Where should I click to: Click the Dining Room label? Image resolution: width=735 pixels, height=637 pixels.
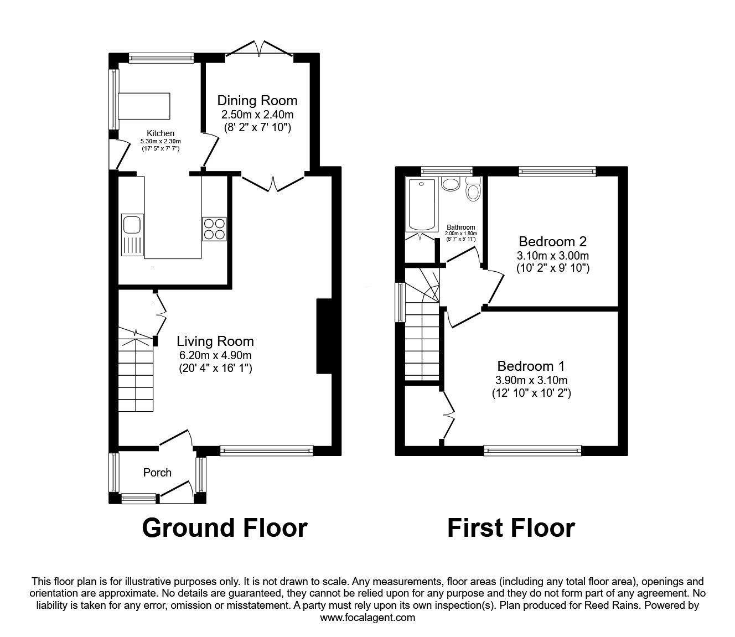257,101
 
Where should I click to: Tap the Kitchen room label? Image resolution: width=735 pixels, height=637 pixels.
161,133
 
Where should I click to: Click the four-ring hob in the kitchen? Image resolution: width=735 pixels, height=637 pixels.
214,228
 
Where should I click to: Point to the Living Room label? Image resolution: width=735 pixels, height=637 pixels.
215,341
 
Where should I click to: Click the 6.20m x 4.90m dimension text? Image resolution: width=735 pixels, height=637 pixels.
215,355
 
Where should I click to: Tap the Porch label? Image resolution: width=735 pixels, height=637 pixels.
157,473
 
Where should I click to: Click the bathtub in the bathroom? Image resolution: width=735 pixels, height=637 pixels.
422,205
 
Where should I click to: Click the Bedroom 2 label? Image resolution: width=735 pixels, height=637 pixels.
552,242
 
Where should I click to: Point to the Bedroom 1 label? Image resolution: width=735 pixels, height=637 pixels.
531,366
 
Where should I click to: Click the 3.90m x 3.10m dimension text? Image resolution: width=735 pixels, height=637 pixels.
531,380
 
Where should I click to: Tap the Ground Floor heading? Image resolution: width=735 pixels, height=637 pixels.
224,527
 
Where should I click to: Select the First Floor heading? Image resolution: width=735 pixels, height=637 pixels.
510,527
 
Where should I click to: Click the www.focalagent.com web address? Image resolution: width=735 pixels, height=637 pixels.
367,618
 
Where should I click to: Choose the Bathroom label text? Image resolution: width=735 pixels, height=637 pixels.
460,227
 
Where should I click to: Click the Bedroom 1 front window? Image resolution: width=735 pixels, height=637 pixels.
532,451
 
